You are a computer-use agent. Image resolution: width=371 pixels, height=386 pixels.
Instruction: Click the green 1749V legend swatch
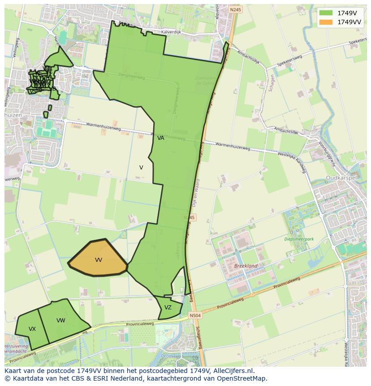pos(326,13)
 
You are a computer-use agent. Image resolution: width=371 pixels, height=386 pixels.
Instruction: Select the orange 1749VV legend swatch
pos(326,22)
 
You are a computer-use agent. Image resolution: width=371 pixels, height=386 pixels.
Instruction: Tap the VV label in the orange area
pos(99,260)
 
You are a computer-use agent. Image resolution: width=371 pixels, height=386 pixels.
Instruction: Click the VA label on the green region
pos(161,138)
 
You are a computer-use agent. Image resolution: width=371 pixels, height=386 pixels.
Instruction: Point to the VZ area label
pos(168,308)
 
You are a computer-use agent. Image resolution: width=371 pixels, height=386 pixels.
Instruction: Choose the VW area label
pos(61,321)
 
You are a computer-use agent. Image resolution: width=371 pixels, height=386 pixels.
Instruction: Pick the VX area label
pos(32,329)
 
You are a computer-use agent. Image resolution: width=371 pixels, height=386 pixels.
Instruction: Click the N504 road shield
pos(195,316)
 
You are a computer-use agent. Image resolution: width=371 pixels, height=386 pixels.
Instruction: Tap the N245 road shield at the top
pos(235,9)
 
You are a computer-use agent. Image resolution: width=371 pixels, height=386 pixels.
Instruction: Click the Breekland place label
pos(246,266)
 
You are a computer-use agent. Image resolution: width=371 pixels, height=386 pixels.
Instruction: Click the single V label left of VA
pos(141,168)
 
